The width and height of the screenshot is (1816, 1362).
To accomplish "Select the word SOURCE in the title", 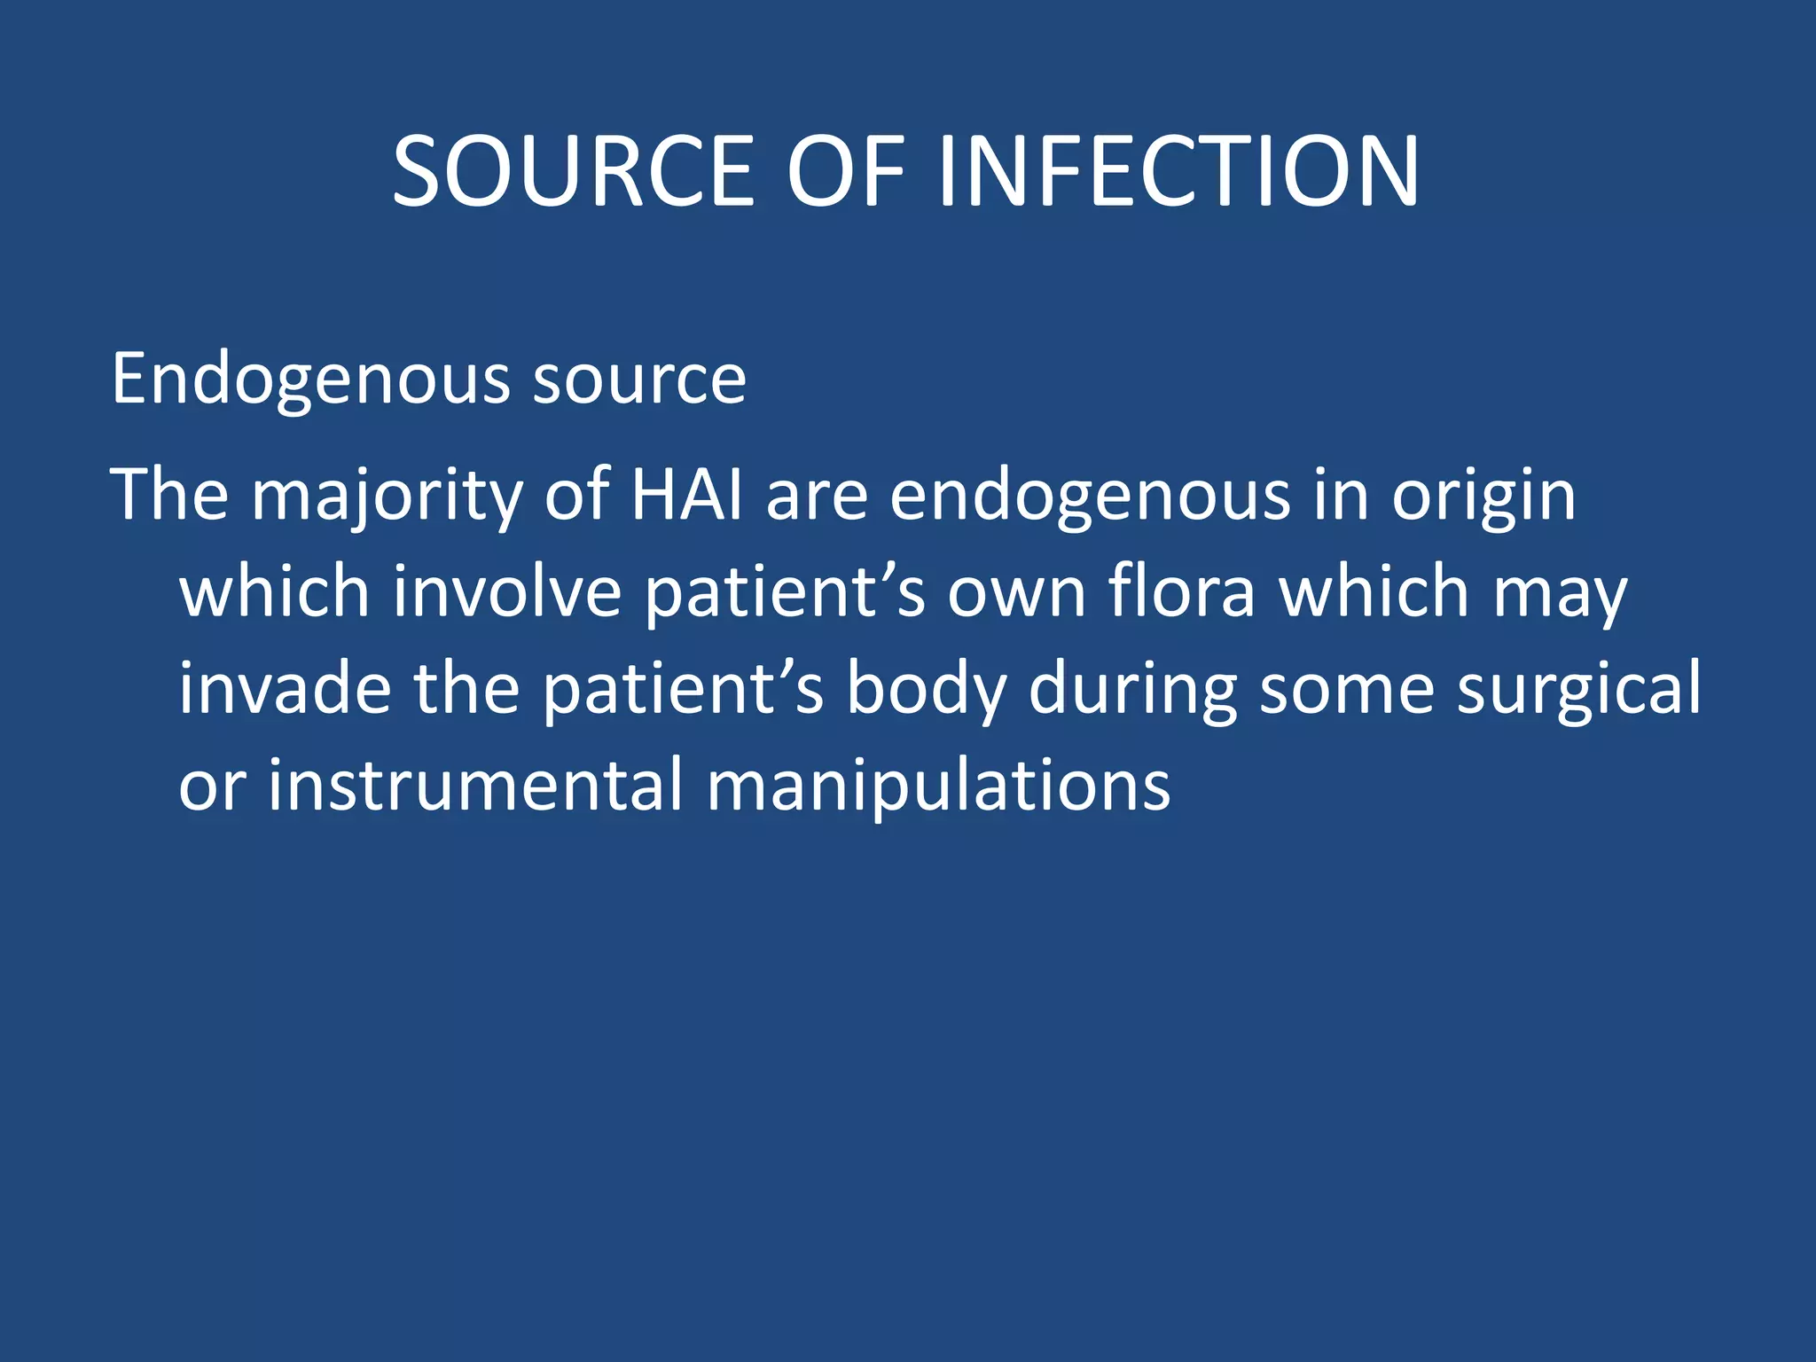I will (573, 171).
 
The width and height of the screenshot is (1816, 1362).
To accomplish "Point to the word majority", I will (387, 497).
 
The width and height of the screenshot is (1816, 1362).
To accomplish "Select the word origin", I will (1483, 497).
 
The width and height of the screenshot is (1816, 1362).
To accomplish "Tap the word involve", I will (507, 592).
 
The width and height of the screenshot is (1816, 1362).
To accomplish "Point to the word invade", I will (285, 689).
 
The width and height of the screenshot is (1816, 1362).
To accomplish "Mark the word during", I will (1132, 691).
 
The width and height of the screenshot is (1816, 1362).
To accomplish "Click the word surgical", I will (1579, 691).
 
